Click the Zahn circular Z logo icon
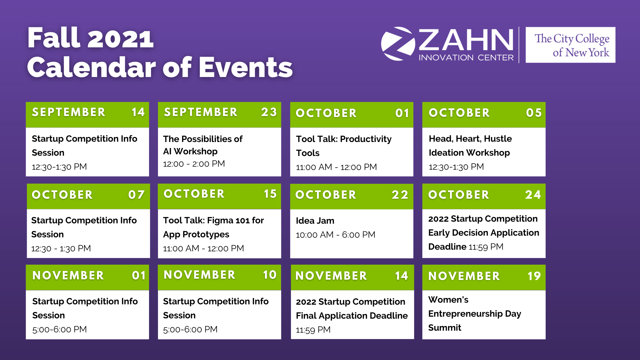[398, 44]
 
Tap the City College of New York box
[570, 45]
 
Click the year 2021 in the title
[120, 38]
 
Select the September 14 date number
[138, 112]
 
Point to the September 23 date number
[269, 112]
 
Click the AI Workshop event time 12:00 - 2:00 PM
[194, 164]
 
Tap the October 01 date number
[402, 113]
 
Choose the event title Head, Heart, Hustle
[470, 139]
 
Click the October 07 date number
[136, 195]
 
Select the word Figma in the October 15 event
[220, 221]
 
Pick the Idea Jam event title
[315, 221]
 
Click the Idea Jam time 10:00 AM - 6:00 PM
[336, 235]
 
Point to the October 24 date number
[533, 195]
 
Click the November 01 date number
[139, 275]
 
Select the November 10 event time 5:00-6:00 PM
[190, 330]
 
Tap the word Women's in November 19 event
[448, 300]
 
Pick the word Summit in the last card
[445, 328]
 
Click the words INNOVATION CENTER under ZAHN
[466, 58]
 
